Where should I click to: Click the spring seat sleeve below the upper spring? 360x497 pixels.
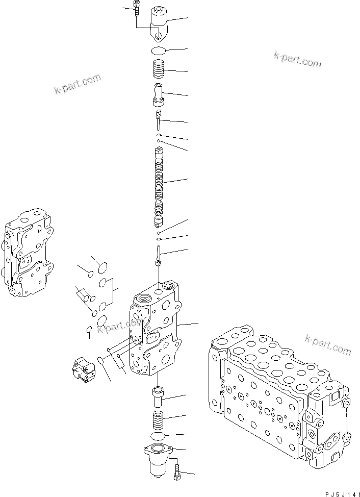tap(160, 94)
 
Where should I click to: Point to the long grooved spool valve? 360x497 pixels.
tap(160, 186)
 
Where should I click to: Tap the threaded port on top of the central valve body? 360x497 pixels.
tap(144, 298)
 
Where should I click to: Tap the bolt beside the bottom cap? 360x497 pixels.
tap(177, 472)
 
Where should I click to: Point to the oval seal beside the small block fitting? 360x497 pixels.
tap(100, 361)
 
